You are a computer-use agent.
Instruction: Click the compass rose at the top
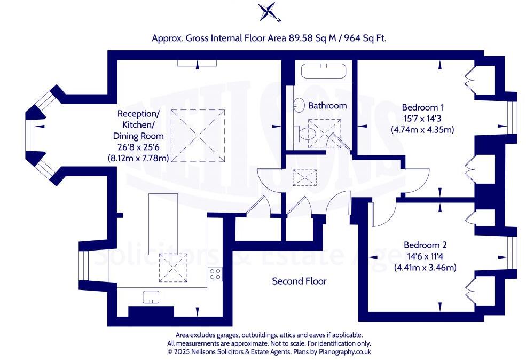[x=266, y=12]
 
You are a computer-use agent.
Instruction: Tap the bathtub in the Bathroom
[x=323, y=72]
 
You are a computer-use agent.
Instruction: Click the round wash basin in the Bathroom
[x=299, y=105]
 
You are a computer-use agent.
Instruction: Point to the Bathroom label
[x=327, y=106]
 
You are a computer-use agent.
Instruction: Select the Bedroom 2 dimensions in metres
[x=425, y=268]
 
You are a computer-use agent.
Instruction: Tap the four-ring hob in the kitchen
[x=215, y=274]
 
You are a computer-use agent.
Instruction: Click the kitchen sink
[x=151, y=297]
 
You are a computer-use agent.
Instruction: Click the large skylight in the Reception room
[x=198, y=135]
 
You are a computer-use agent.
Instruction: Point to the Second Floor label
[x=299, y=281]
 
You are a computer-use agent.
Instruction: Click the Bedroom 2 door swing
[x=381, y=214]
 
